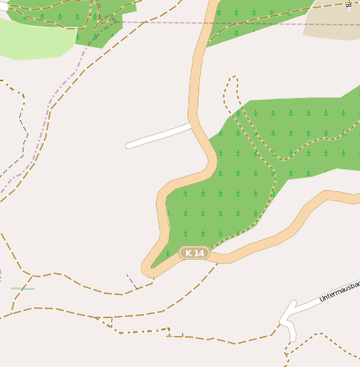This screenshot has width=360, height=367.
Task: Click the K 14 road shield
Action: coord(194,252)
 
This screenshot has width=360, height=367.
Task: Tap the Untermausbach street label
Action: coord(339,292)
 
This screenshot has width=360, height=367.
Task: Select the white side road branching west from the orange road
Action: coord(159,136)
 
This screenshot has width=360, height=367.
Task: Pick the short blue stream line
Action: coord(23,288)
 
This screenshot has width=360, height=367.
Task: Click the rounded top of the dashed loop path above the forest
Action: coord(232,80)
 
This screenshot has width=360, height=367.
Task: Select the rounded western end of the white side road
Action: coord(129,146)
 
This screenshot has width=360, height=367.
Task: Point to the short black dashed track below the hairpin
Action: coord(131,281)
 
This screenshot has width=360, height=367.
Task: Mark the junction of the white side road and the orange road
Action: coord(193,125)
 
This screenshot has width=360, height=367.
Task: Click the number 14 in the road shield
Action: coord(198,252)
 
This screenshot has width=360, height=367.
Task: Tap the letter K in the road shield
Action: coord(188,252)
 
